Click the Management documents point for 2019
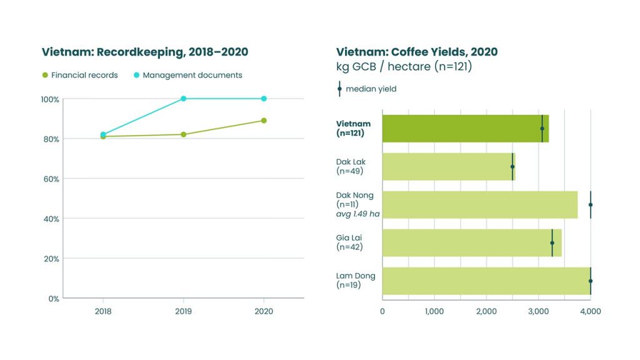click(x=183, y=99)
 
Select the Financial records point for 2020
click(x=264, y=121)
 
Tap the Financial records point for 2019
click(x=183, y=134)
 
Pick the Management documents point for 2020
click(x=264, y=99)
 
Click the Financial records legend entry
click(x=79, y=75)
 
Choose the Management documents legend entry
click(x=187, y=75)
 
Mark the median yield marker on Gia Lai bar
click(x=552, y=242)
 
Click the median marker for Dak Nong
click(x=590, y=204)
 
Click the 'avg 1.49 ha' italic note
click(x=358, y=214)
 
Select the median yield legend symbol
click(x=339, y=89)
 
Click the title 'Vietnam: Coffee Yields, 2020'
click(x=417, y=52)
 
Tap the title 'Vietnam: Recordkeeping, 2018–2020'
click(x=145, y=52)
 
